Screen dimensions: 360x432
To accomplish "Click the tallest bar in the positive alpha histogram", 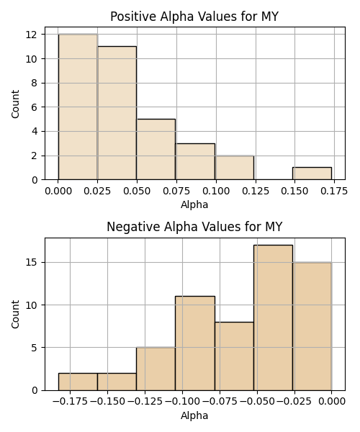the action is tap(78, 107).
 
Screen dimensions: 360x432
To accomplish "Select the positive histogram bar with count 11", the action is tap(117, 113).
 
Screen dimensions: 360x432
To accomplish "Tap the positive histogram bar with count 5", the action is tap(156, 149).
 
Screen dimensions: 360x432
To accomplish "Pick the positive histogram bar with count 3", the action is tap(195, 161).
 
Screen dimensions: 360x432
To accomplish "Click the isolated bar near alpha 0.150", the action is tap(312, 174).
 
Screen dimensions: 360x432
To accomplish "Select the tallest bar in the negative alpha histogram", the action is tap(273, 318).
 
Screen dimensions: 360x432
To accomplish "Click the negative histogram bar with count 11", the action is tap(195, 343).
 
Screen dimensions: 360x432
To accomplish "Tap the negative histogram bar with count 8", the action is tap(234, 356).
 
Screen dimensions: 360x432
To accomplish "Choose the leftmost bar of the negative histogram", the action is tap(78, 382).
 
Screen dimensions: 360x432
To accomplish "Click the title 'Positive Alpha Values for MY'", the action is tap(194, 17).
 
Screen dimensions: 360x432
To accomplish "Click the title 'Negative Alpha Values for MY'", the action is tap(194, 227).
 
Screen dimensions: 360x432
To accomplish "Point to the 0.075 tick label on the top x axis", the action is tap(176, 191).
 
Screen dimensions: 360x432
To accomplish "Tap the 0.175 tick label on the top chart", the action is tap(334, 191).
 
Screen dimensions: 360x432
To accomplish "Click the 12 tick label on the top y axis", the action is tap(32, 35).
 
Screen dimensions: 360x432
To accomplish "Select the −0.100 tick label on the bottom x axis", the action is tap(182, 402).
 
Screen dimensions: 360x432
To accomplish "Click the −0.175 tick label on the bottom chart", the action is tap(70, 402).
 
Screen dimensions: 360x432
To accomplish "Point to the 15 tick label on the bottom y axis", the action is tap(32, 263).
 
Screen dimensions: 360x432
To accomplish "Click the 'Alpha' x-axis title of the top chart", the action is tap(194, 204).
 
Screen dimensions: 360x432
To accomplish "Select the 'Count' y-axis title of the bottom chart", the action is tap(15, 314).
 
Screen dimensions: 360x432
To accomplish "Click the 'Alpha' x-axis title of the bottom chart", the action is tap(194, 415).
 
